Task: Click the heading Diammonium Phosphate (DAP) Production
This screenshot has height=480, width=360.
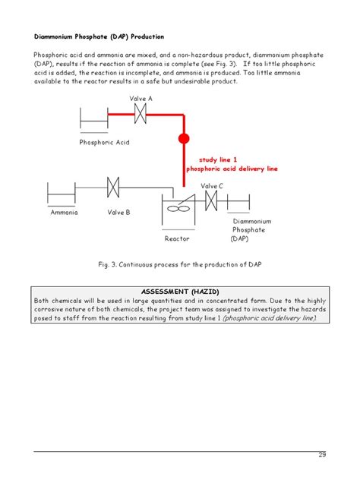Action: coord(99,36)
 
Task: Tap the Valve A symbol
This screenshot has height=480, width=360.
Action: coord(141,114)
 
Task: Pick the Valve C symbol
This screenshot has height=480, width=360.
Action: coord(212,201)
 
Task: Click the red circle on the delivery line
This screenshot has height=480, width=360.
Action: coord(183,139)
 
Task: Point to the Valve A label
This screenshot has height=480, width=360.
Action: coord(141,99)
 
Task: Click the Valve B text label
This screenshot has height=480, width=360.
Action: coord(118,213)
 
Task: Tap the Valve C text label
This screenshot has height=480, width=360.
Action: coord(212,185)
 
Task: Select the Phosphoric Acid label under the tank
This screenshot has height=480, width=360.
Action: coord(106,142)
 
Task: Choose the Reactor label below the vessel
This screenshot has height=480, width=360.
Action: coord(177,238)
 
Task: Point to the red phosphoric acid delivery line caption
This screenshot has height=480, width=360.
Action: coord(232,169)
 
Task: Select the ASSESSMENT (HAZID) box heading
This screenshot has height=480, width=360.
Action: coord(179,291)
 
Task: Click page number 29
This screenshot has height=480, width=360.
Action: coord(322,455)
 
